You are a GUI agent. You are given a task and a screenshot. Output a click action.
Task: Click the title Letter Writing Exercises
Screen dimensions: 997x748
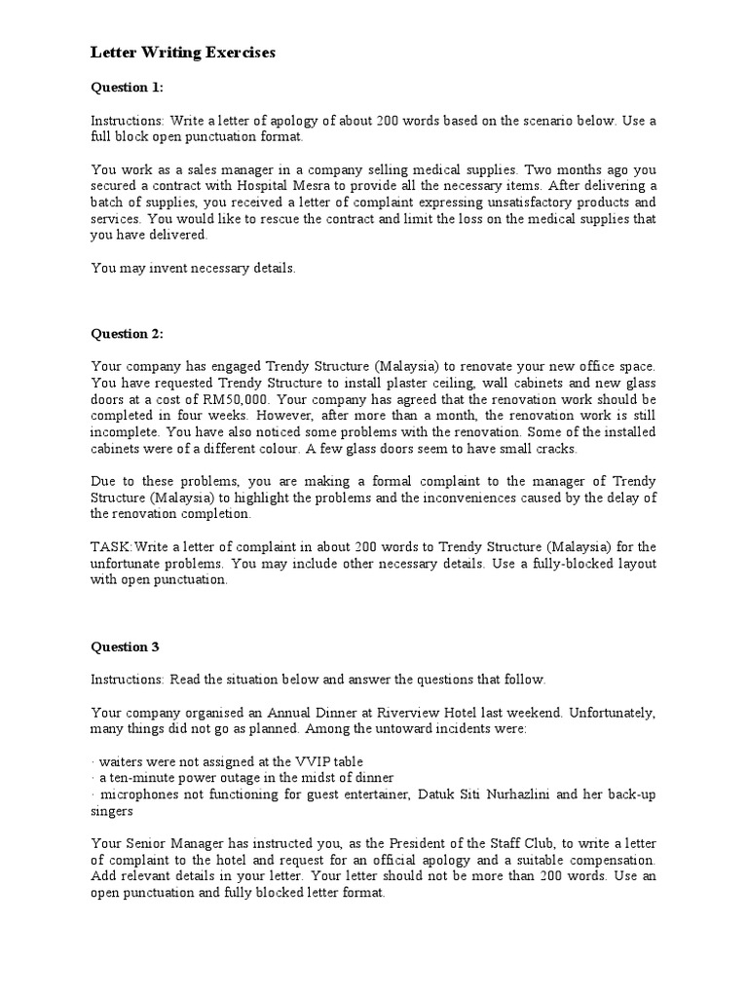183,53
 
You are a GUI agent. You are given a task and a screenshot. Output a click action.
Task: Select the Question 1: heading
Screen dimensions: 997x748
128,88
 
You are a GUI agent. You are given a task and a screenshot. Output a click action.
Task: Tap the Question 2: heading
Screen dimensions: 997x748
128,333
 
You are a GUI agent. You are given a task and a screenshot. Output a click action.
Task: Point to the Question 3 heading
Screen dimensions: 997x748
126,646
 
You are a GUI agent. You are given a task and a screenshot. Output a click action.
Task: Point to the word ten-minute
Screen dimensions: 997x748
139,777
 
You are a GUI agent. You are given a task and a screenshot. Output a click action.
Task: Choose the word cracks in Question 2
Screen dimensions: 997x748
551,449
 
